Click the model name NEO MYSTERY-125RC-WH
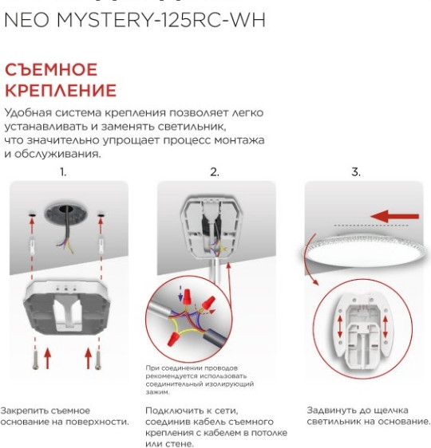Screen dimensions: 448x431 point(135,21)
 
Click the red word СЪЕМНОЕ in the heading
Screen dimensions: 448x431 point(51,70)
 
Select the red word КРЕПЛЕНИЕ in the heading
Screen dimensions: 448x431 point(61,90)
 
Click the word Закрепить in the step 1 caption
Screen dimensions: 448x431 point(23,410)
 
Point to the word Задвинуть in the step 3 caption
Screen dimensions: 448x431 point(330,410)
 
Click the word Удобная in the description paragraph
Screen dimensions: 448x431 point(26,113)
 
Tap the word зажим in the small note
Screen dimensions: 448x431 point(158,392)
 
